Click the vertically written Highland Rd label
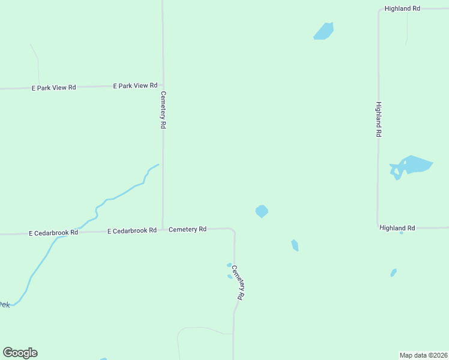coord(379,119)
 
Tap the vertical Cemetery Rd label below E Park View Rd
coord(163,110)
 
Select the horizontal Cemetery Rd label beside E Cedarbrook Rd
coord(187,229)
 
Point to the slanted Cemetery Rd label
coord(238,283)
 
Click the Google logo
coord(20,353)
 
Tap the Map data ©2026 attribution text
coord(424,355)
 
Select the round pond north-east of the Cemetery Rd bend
coord(262,211)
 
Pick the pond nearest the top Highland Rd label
coord(324,31)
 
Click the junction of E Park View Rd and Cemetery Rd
coord(163,86)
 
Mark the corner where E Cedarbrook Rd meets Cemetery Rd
coord(163,230)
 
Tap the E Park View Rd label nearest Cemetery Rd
coord(135,86)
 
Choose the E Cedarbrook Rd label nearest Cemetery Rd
coord(131,230)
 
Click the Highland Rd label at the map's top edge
coord(402,8)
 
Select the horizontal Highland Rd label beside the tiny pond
coord(397,228)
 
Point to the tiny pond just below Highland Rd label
coord(402,233)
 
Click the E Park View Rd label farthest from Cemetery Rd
coord(53,88)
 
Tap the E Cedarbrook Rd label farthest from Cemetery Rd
coord(53,232)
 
